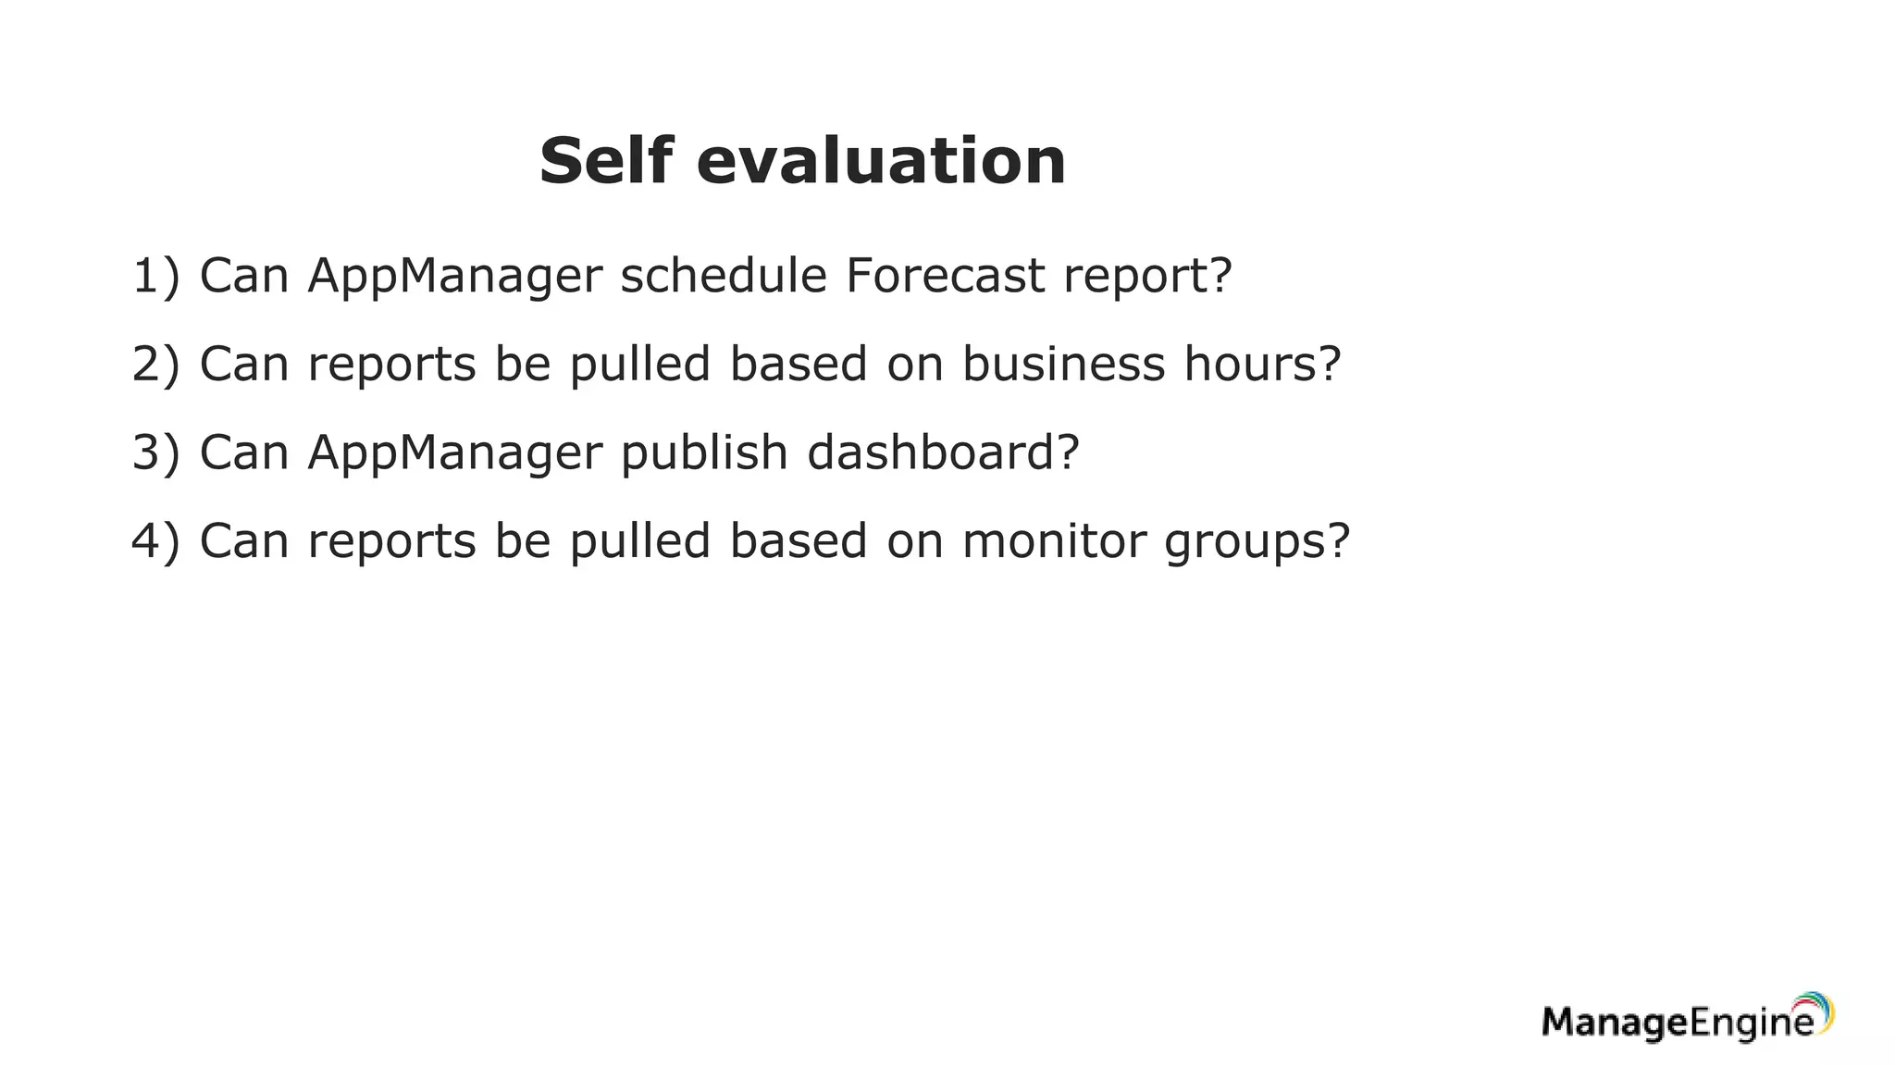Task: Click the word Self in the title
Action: coord(606,161)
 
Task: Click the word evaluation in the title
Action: coord(881,161)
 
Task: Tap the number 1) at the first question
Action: coord(155,276)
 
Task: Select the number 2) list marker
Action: coord(155,364)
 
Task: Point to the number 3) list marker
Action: coord(155,452)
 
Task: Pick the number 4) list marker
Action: coord(155,540)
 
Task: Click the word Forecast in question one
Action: coord(945,276)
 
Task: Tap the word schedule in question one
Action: coord(723,276)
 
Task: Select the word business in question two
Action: coord(1063,364)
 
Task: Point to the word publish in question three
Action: coord(704,452)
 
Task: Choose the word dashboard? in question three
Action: coord(943,452)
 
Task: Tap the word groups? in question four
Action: coord(1257,542)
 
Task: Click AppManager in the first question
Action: coord(454,276)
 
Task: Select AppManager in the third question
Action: coord(454,452)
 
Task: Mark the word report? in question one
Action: coord(1147,276)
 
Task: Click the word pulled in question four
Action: coord(639,540)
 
